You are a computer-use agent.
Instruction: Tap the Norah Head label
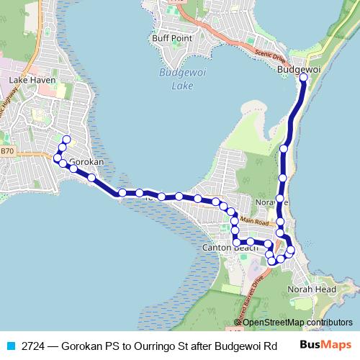click(312, 289)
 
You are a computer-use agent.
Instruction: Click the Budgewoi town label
click(299, 69)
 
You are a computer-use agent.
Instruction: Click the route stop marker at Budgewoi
click(303, 77)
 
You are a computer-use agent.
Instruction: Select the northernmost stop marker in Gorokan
click(66, 140)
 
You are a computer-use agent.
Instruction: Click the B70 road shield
click(7, 151)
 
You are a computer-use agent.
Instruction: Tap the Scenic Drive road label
click(271, 55)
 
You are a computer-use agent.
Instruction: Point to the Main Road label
click(254, 223)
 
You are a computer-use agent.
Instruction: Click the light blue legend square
click(10, 345)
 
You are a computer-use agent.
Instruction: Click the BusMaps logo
click(325, 344)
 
